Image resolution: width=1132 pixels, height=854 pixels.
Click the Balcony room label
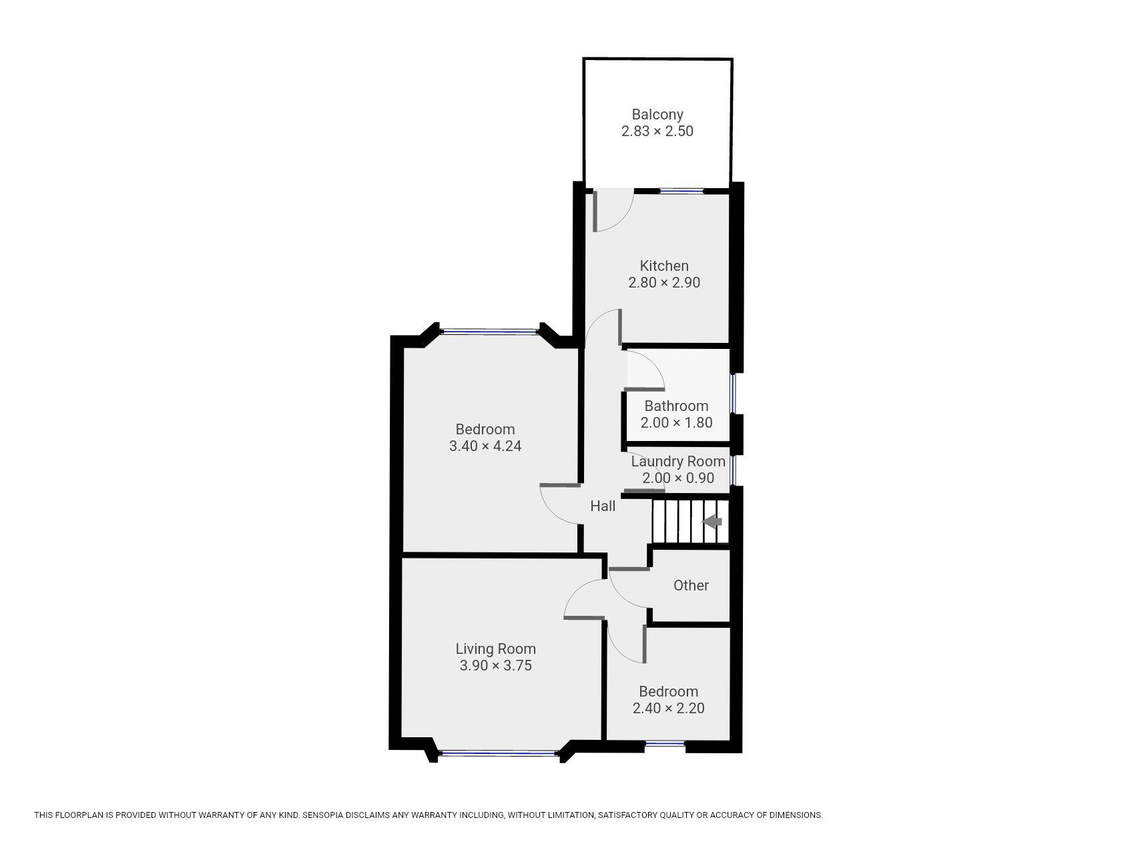pos(657,115)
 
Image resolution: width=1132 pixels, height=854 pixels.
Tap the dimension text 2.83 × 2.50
pos(657,131)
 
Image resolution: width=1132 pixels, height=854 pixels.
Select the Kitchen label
pos(663,266)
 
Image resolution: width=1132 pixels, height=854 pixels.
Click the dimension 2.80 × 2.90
pos(663,283)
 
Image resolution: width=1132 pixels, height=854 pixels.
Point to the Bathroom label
pos(676,406)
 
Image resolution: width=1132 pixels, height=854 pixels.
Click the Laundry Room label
pos(677,462)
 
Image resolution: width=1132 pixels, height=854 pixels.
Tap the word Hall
pos(602,506)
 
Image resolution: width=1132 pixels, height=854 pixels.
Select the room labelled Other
pos(690,586)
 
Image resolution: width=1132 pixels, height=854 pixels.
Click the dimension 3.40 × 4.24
pos(485,446)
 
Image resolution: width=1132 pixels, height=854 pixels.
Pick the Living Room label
pos(495,649)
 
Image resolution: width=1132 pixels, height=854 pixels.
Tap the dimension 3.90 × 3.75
pos(495,666)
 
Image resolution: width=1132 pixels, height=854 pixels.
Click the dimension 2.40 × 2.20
pos(668,709)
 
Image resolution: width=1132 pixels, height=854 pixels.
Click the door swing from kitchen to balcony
pos(611,212)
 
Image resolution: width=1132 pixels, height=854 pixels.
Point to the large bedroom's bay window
pos(490,330)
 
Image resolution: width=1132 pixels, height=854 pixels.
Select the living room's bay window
pos(499,753)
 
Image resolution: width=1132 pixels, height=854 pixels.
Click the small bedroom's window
pos(665,743)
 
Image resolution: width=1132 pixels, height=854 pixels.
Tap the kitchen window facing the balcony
pos(681,191)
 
